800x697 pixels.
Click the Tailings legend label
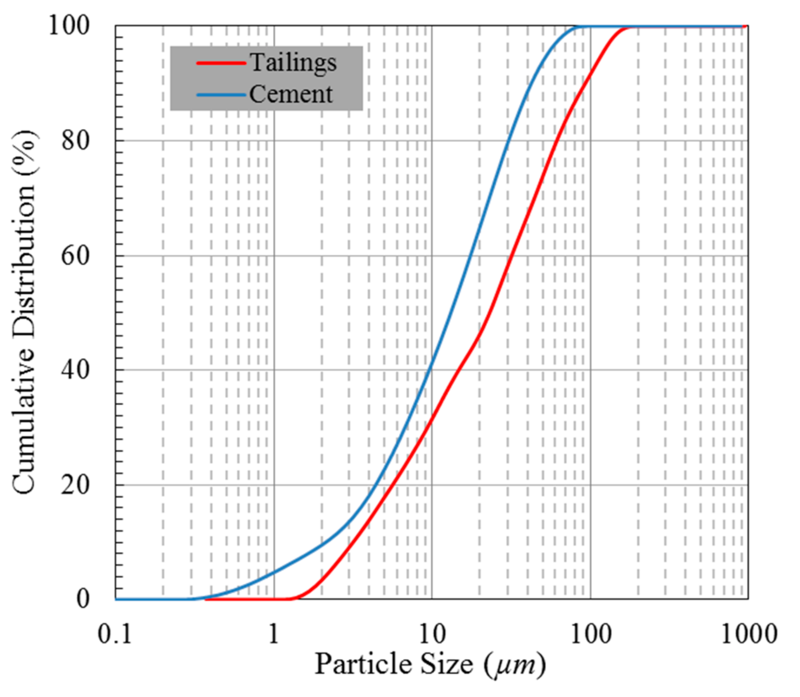click(293, 63)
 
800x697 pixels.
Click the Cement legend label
click(291, 94)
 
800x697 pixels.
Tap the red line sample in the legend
click(221, 63)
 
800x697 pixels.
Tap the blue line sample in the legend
click(221, 95)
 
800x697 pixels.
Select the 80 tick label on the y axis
click(75, 141)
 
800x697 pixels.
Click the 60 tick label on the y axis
click(75, 256)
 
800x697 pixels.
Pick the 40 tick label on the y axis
click(75, 370)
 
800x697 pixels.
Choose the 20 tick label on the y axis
click(75, 485)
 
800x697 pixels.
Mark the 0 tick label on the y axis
click(83, 598)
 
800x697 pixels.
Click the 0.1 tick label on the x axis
click(115, 634)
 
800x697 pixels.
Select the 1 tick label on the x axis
click(274, 634)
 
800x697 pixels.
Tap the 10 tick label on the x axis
click(432, 634)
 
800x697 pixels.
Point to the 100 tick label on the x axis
click(591, 634)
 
